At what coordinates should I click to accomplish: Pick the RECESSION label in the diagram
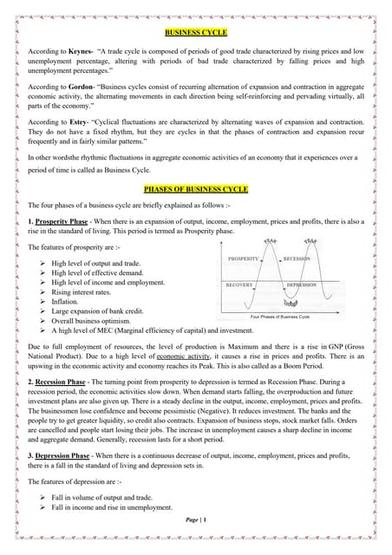coord(297,258)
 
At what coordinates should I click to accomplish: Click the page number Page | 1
coord(197,542)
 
